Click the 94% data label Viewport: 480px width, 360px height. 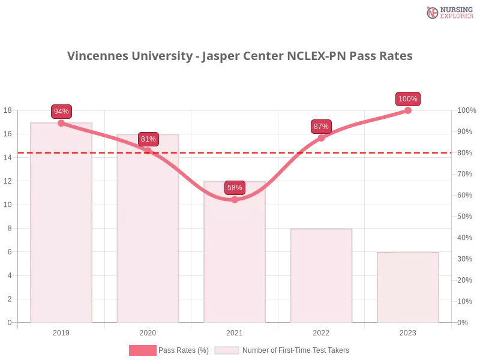(x=61, y=112)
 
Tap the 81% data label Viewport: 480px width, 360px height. (x=148, y=139)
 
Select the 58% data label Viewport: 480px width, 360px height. (x=235, y=188)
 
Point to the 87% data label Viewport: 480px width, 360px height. (x=321, y=127)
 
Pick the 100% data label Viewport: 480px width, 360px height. (x=408, y=99)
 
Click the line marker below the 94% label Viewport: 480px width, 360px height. (x=61, y=123)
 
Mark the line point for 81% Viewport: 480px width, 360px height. (x=148, y=151)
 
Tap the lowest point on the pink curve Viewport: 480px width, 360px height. (x=235, y=199)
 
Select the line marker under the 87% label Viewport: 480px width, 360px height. (x=321, y=138)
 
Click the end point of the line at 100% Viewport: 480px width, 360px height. (x=408, y=110)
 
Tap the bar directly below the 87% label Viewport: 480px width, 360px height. (x=321, y=276)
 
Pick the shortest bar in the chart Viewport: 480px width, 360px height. (x=408, y=288)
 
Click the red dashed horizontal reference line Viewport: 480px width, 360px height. (x=372, y=152)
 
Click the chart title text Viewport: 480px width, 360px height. (x=240, y=56)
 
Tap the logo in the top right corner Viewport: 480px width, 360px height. (x=448, y=12)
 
